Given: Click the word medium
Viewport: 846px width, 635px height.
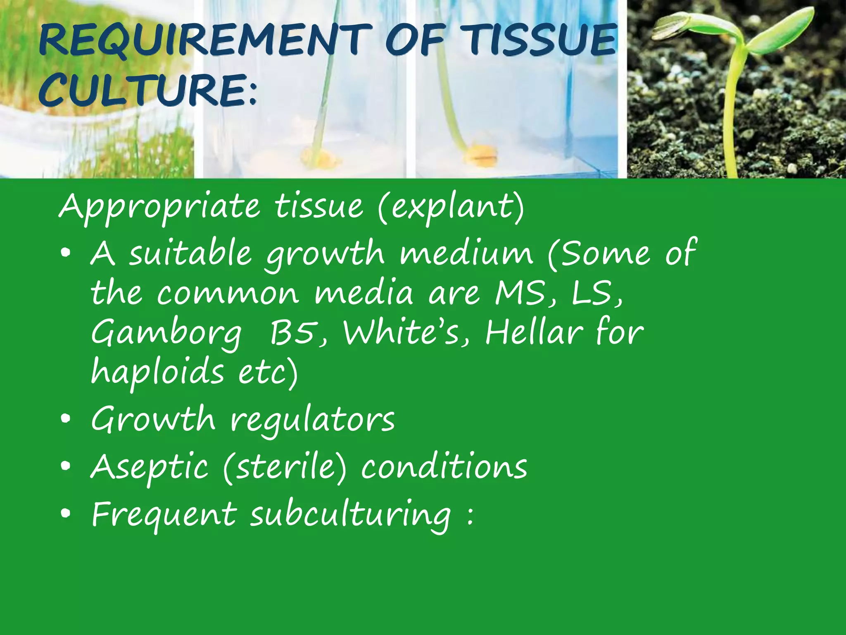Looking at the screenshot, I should pos(466,253).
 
